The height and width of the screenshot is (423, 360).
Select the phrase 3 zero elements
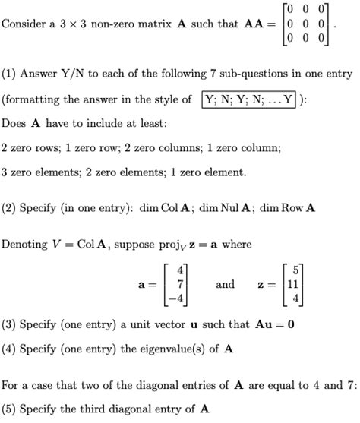[36, 172]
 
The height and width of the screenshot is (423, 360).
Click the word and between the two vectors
[226, 284]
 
